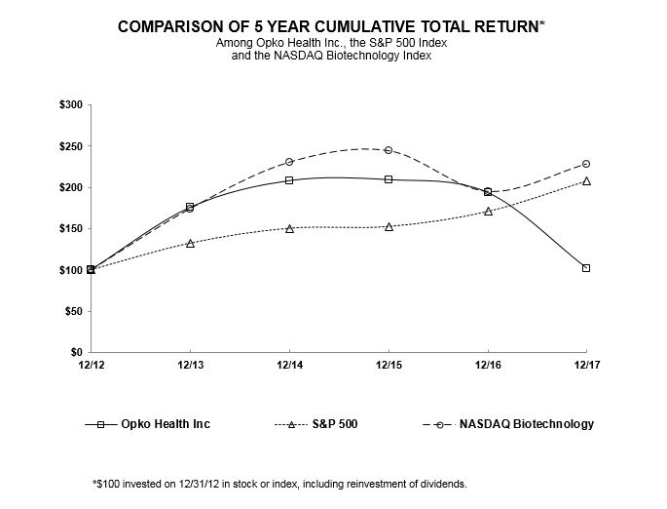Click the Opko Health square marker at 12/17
(x=586, y=268)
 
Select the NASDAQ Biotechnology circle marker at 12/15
(x=389, y=150)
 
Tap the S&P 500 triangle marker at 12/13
(x=190, y=243)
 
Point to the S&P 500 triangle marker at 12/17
(x=586, y=180)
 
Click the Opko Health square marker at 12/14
(x=289, y=179)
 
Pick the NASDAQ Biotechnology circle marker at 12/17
(x=586, y=164)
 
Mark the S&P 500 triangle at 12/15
(x=389, y=226)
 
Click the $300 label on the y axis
(x=69, y=104)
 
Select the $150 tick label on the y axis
(x=69, y=228)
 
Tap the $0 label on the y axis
(x=74, y=352)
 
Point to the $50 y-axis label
(x=72, y=311)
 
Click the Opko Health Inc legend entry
(x=164, y=424)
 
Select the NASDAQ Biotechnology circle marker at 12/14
(x=289, y=162)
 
